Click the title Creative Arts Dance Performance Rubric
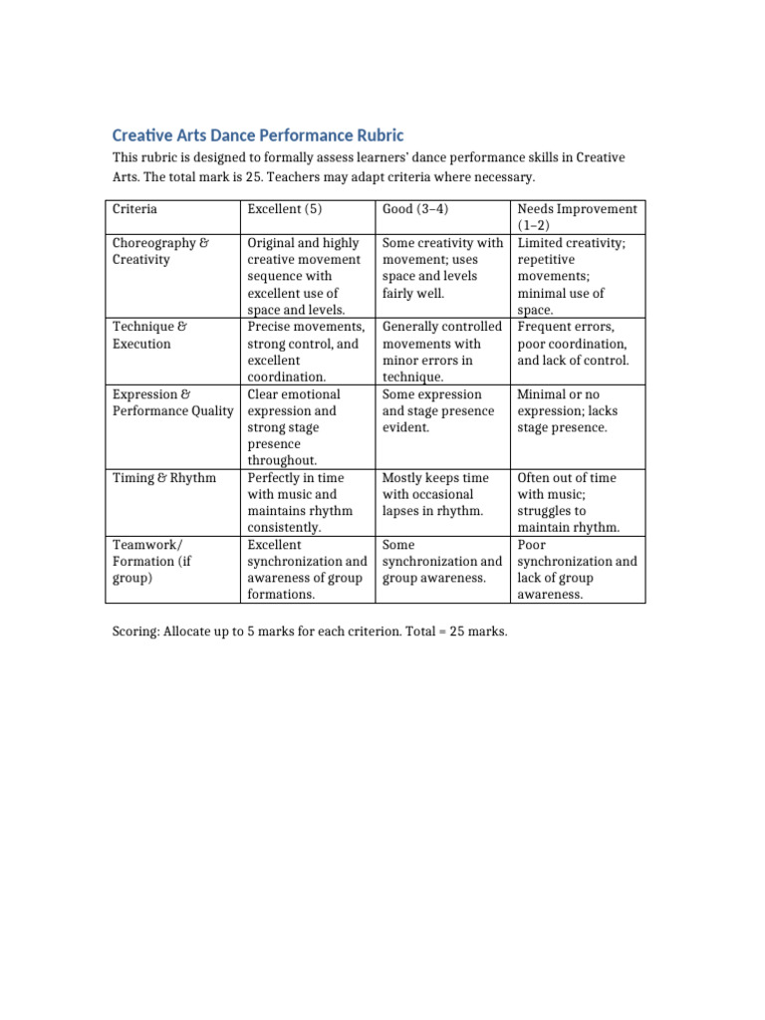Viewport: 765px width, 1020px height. click(x=258, y=135)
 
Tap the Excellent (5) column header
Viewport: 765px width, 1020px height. click(x=282, y=209)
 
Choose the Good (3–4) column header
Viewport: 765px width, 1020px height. click(x=417, y=209)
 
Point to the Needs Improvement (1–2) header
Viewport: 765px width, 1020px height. click(x=577, y=217)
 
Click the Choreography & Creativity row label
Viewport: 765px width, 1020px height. click(x=160, y=251)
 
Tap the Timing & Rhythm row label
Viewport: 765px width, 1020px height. click(x=164, y=478)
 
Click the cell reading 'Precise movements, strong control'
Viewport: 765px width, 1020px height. click(x=305, y=352)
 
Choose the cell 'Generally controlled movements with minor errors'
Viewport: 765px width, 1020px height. click(x=441, y=352)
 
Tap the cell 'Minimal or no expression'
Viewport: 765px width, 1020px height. click(x=566, y=410)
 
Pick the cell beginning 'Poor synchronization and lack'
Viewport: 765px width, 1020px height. click(x=577, y=570)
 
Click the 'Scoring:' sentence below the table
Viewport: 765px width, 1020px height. click(x=310, y=633)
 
